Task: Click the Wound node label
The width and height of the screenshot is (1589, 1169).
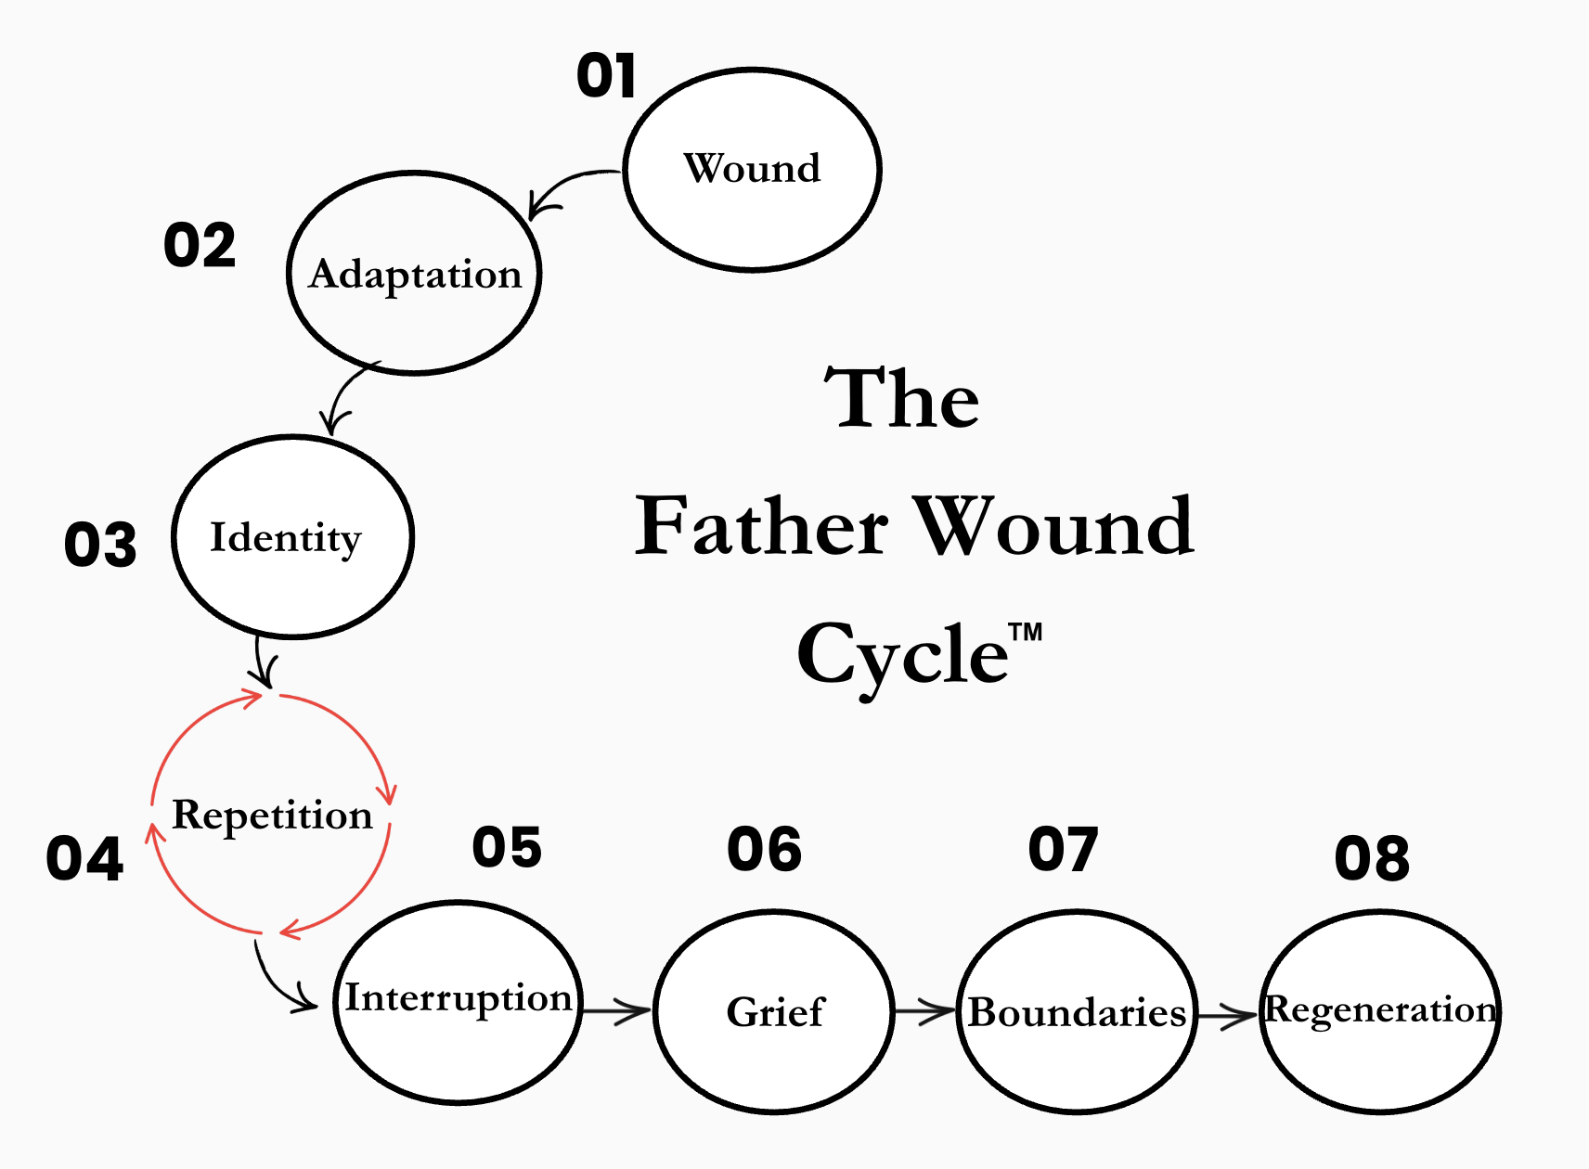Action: (752, 169)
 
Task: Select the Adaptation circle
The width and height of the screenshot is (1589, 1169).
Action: (414, 274)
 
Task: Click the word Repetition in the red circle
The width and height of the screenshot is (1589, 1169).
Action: (272, 816)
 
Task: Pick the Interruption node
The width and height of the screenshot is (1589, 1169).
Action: (458, 1001)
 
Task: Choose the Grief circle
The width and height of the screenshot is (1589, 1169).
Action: (774, 1011)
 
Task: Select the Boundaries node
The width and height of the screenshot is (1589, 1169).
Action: (1077, 1012)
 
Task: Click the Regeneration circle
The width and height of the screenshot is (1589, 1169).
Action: (1380, 1010)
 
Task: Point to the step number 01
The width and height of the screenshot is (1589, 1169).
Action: (606, 76)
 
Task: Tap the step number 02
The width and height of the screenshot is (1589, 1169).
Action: (200, 246)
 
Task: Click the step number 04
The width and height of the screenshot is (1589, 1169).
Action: (84, 858)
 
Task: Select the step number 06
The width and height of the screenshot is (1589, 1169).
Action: (764, 849)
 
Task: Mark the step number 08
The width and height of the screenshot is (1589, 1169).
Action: (1372, 858)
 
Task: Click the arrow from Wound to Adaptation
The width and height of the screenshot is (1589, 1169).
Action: (566, 186)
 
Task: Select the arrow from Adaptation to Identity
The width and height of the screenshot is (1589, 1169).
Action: (345, 394)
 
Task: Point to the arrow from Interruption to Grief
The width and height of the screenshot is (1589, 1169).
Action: (617, 1010)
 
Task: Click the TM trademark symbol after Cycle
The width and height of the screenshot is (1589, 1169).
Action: (1026, 633)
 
